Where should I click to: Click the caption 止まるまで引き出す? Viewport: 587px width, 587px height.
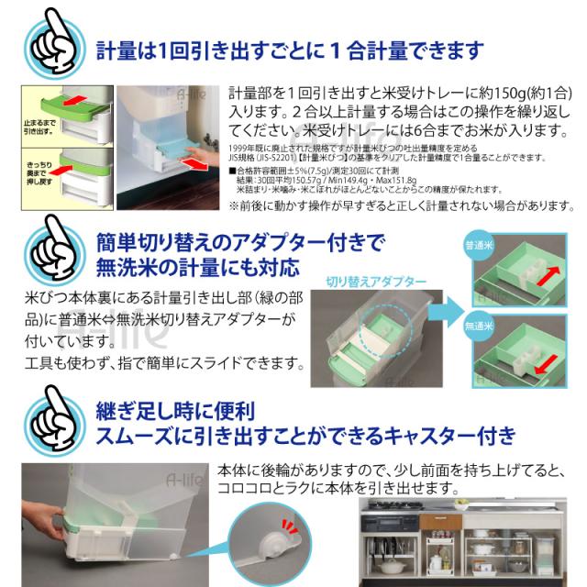tap(37, 124)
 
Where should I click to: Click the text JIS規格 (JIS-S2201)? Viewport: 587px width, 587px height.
tap(261, 157)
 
